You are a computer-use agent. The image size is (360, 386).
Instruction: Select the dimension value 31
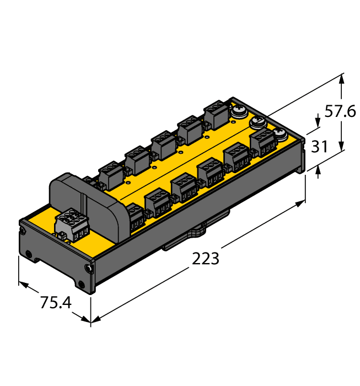click(320, 147)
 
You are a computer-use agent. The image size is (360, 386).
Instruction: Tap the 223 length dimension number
click(206, 258)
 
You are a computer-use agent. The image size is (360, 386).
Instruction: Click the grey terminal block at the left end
click(69, 225)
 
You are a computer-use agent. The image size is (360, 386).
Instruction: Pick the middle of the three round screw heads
click(259, 122)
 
